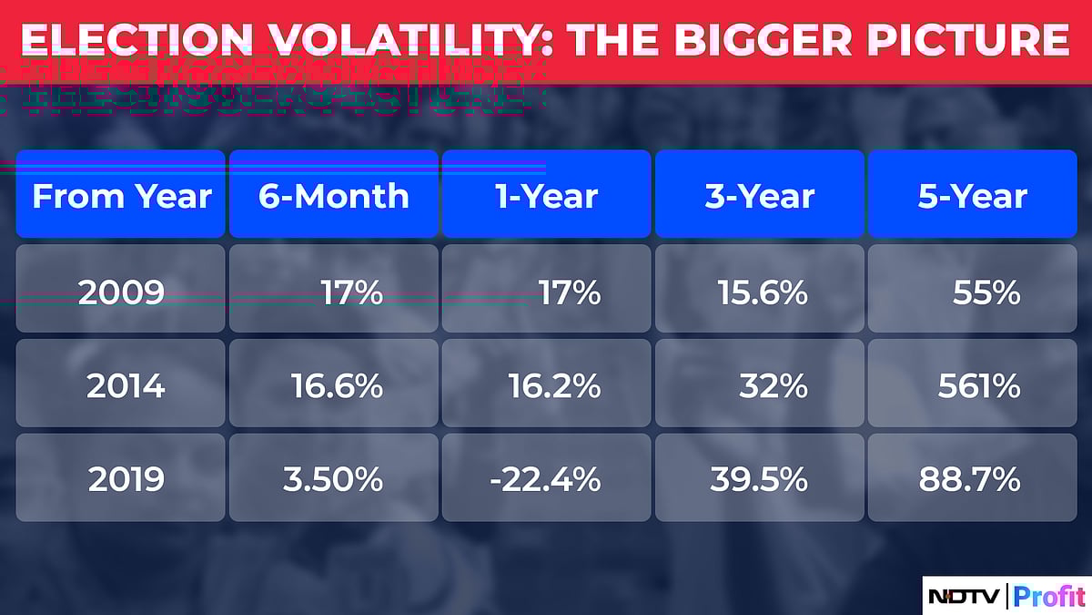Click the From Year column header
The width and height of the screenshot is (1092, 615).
tap(121, 196)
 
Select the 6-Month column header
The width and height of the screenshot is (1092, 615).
tap(334, 196)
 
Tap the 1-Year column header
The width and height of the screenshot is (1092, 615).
tap(546, 196)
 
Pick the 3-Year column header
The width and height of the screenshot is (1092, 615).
tap(759, 196)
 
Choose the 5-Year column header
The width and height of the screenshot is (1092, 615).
tap(972, 196)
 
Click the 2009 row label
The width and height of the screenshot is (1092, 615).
tap(121, 292)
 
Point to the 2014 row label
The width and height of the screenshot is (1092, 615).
tap(126, 386)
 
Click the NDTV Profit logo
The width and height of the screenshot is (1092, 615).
tap(1006, 597)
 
